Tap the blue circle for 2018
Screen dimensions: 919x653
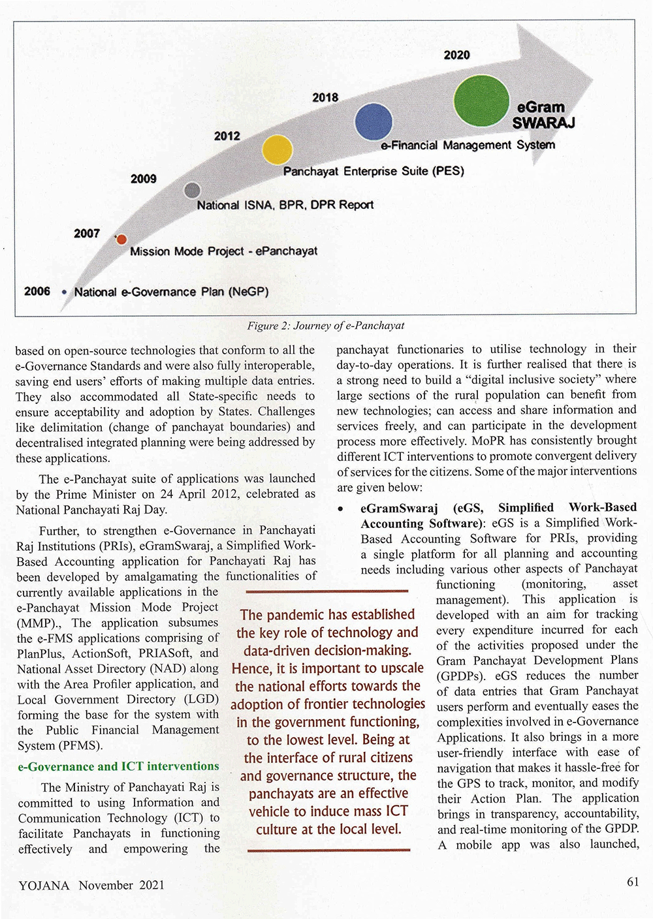(x=374, y=122)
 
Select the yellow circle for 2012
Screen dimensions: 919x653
(x=277, y=150)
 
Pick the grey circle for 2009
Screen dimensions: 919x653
(x=192, y=190)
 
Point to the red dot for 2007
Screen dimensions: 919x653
(x=121, y=240)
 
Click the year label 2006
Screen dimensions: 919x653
(x=37, y=291)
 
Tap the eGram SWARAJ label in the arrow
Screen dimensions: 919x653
(x=543, y=116)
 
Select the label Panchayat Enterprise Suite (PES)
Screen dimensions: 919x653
(x=373, y=171)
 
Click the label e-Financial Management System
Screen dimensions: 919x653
(x=468, y=145)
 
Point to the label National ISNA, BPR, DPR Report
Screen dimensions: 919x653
(x=285, y=205)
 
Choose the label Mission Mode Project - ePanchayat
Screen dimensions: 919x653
(x=223, y=251)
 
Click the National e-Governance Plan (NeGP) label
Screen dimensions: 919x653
(x=171, y=292)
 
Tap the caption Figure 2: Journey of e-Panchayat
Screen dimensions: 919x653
(x=325, y=326)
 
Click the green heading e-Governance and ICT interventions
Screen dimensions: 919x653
(x=118, y=766)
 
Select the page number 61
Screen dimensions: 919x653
(x=632, y=882)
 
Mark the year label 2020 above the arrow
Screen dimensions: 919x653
(x=456, y=55)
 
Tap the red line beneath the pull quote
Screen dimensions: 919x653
(x=328, y=850)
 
